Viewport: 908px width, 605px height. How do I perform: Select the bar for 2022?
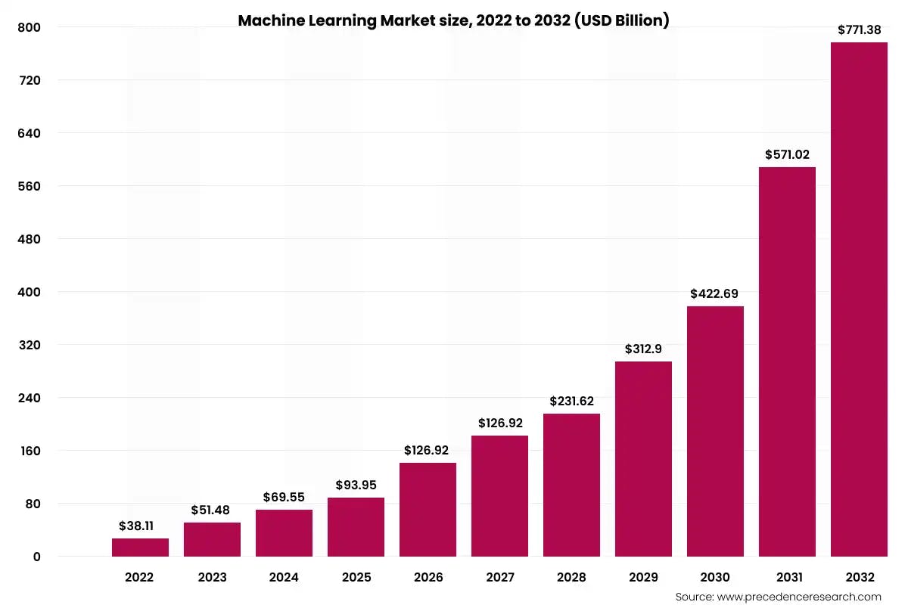tap(140, 548)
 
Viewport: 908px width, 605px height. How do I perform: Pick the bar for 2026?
tap(428, 510)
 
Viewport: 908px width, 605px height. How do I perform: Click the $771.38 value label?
tap(859, 30)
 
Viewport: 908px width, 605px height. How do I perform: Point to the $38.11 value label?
tap(140, 526)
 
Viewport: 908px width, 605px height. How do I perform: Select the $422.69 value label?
tap(714, 293)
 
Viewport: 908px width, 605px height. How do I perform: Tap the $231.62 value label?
tap(571, 401)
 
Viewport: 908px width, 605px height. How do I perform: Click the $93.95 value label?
tap(356, 485)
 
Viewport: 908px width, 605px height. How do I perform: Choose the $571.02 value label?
tap(786, 154)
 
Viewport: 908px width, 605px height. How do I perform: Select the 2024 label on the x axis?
tap(284, 577)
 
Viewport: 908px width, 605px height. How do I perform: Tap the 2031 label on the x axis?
tap(787, 577)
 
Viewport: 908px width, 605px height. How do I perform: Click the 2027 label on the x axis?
tap(499, 577)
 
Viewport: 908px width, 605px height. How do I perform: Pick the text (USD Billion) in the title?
tap(622, 20)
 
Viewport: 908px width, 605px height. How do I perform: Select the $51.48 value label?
tap(212, 510)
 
